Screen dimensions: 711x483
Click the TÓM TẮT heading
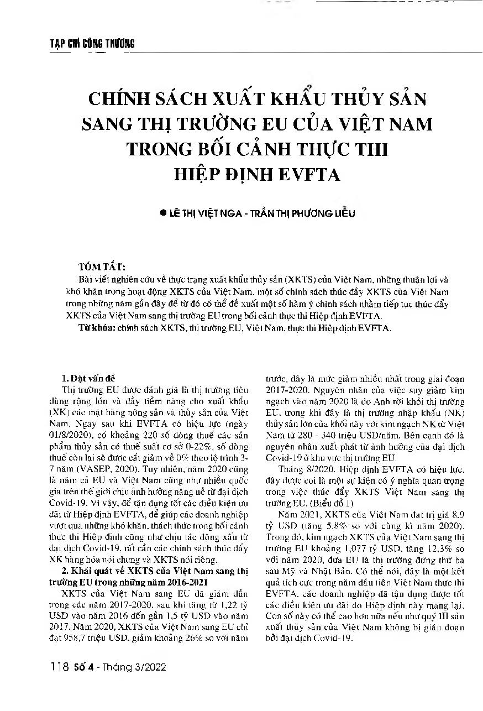pyautogui.click(x=103, y=266)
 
